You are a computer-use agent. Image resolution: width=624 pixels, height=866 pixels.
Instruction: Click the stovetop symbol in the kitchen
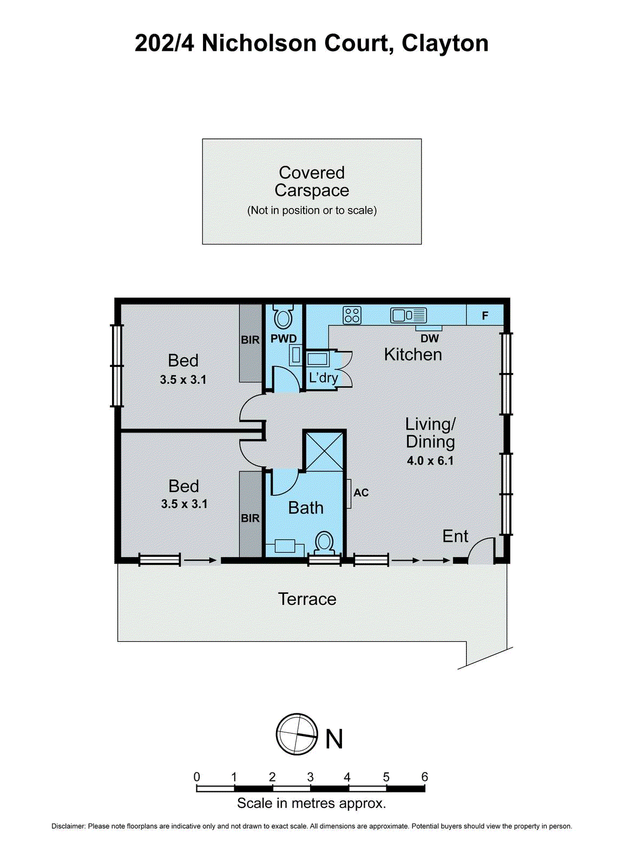[352, 314]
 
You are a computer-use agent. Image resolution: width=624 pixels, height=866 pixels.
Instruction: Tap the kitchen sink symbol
[409, 314]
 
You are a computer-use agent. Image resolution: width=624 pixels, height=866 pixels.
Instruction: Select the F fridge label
[485, 316]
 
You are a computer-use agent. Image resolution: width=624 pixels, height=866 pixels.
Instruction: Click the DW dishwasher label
[429, 338]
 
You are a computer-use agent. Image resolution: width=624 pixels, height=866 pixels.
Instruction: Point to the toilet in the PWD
[283, 317]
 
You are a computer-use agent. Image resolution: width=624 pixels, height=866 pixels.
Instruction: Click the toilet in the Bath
[325, 542]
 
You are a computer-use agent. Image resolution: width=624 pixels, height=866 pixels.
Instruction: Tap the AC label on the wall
[361, 493]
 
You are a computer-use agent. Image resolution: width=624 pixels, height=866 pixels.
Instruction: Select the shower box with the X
[324, 451]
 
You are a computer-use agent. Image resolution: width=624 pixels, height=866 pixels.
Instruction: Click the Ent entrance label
[455, 536]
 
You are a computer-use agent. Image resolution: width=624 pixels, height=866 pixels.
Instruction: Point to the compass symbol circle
[297, 734]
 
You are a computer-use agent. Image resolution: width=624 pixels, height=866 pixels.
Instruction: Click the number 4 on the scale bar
[347, 777]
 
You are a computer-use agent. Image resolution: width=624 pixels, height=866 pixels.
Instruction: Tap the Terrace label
[307, 599]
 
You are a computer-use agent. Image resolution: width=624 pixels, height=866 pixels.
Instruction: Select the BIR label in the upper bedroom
[250, 340]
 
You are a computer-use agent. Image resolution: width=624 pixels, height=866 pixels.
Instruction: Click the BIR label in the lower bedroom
[250, 518]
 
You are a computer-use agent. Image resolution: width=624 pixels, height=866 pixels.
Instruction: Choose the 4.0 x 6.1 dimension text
[430, 461]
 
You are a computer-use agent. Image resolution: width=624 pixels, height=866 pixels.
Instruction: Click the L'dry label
[323, 378]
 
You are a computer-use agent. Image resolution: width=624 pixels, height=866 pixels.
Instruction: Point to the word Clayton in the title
[445, 43]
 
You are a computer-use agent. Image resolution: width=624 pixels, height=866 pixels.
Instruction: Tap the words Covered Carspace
[312, 181]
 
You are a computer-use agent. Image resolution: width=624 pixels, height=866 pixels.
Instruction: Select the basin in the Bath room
[284, 546]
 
